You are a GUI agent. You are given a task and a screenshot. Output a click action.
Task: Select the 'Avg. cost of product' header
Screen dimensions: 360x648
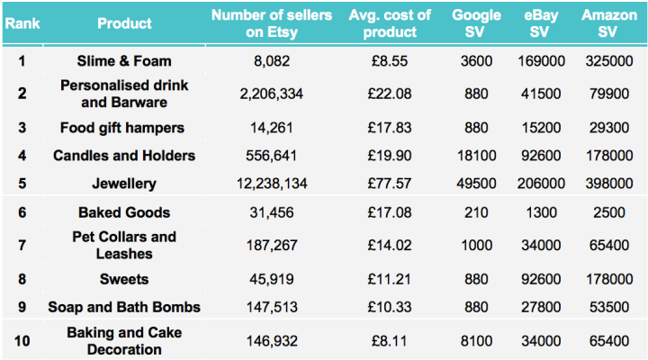click(390, 23)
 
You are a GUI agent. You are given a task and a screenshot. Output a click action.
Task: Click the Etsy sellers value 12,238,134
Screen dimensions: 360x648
click(272, 184)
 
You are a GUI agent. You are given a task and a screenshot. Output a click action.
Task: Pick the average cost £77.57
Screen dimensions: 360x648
click(390, 184)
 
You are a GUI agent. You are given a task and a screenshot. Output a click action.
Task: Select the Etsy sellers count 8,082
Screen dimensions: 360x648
click(272, 61)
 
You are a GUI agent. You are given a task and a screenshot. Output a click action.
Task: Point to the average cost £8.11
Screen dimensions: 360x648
click(390, 341)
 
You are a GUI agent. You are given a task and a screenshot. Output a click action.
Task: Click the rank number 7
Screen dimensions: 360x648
click(22, 245)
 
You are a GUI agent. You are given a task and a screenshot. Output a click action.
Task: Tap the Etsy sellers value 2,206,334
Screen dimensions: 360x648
click(272, 94)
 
